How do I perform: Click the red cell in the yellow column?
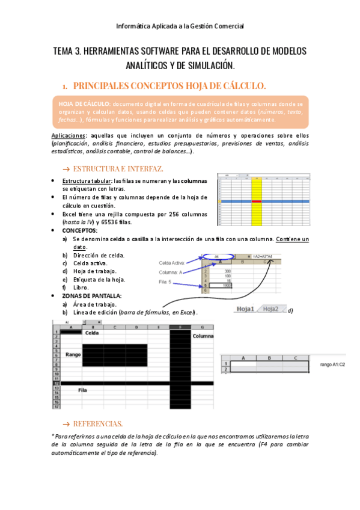(x=257, y=201)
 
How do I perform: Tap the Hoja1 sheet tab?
(x=245, y=309)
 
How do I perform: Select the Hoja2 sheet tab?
(x=271, y=309)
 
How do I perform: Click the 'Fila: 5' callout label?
(x=165, y=282)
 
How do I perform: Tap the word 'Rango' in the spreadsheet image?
(x=73, y=355)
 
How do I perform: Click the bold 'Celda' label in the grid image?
(x=91, y=333)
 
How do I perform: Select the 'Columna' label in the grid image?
(x=203, y=336)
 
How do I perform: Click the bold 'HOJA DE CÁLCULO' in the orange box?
(x=84, y=104)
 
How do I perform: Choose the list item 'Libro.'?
(x=81, y=287)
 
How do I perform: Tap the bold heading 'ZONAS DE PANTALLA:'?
(x=91, y=296)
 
